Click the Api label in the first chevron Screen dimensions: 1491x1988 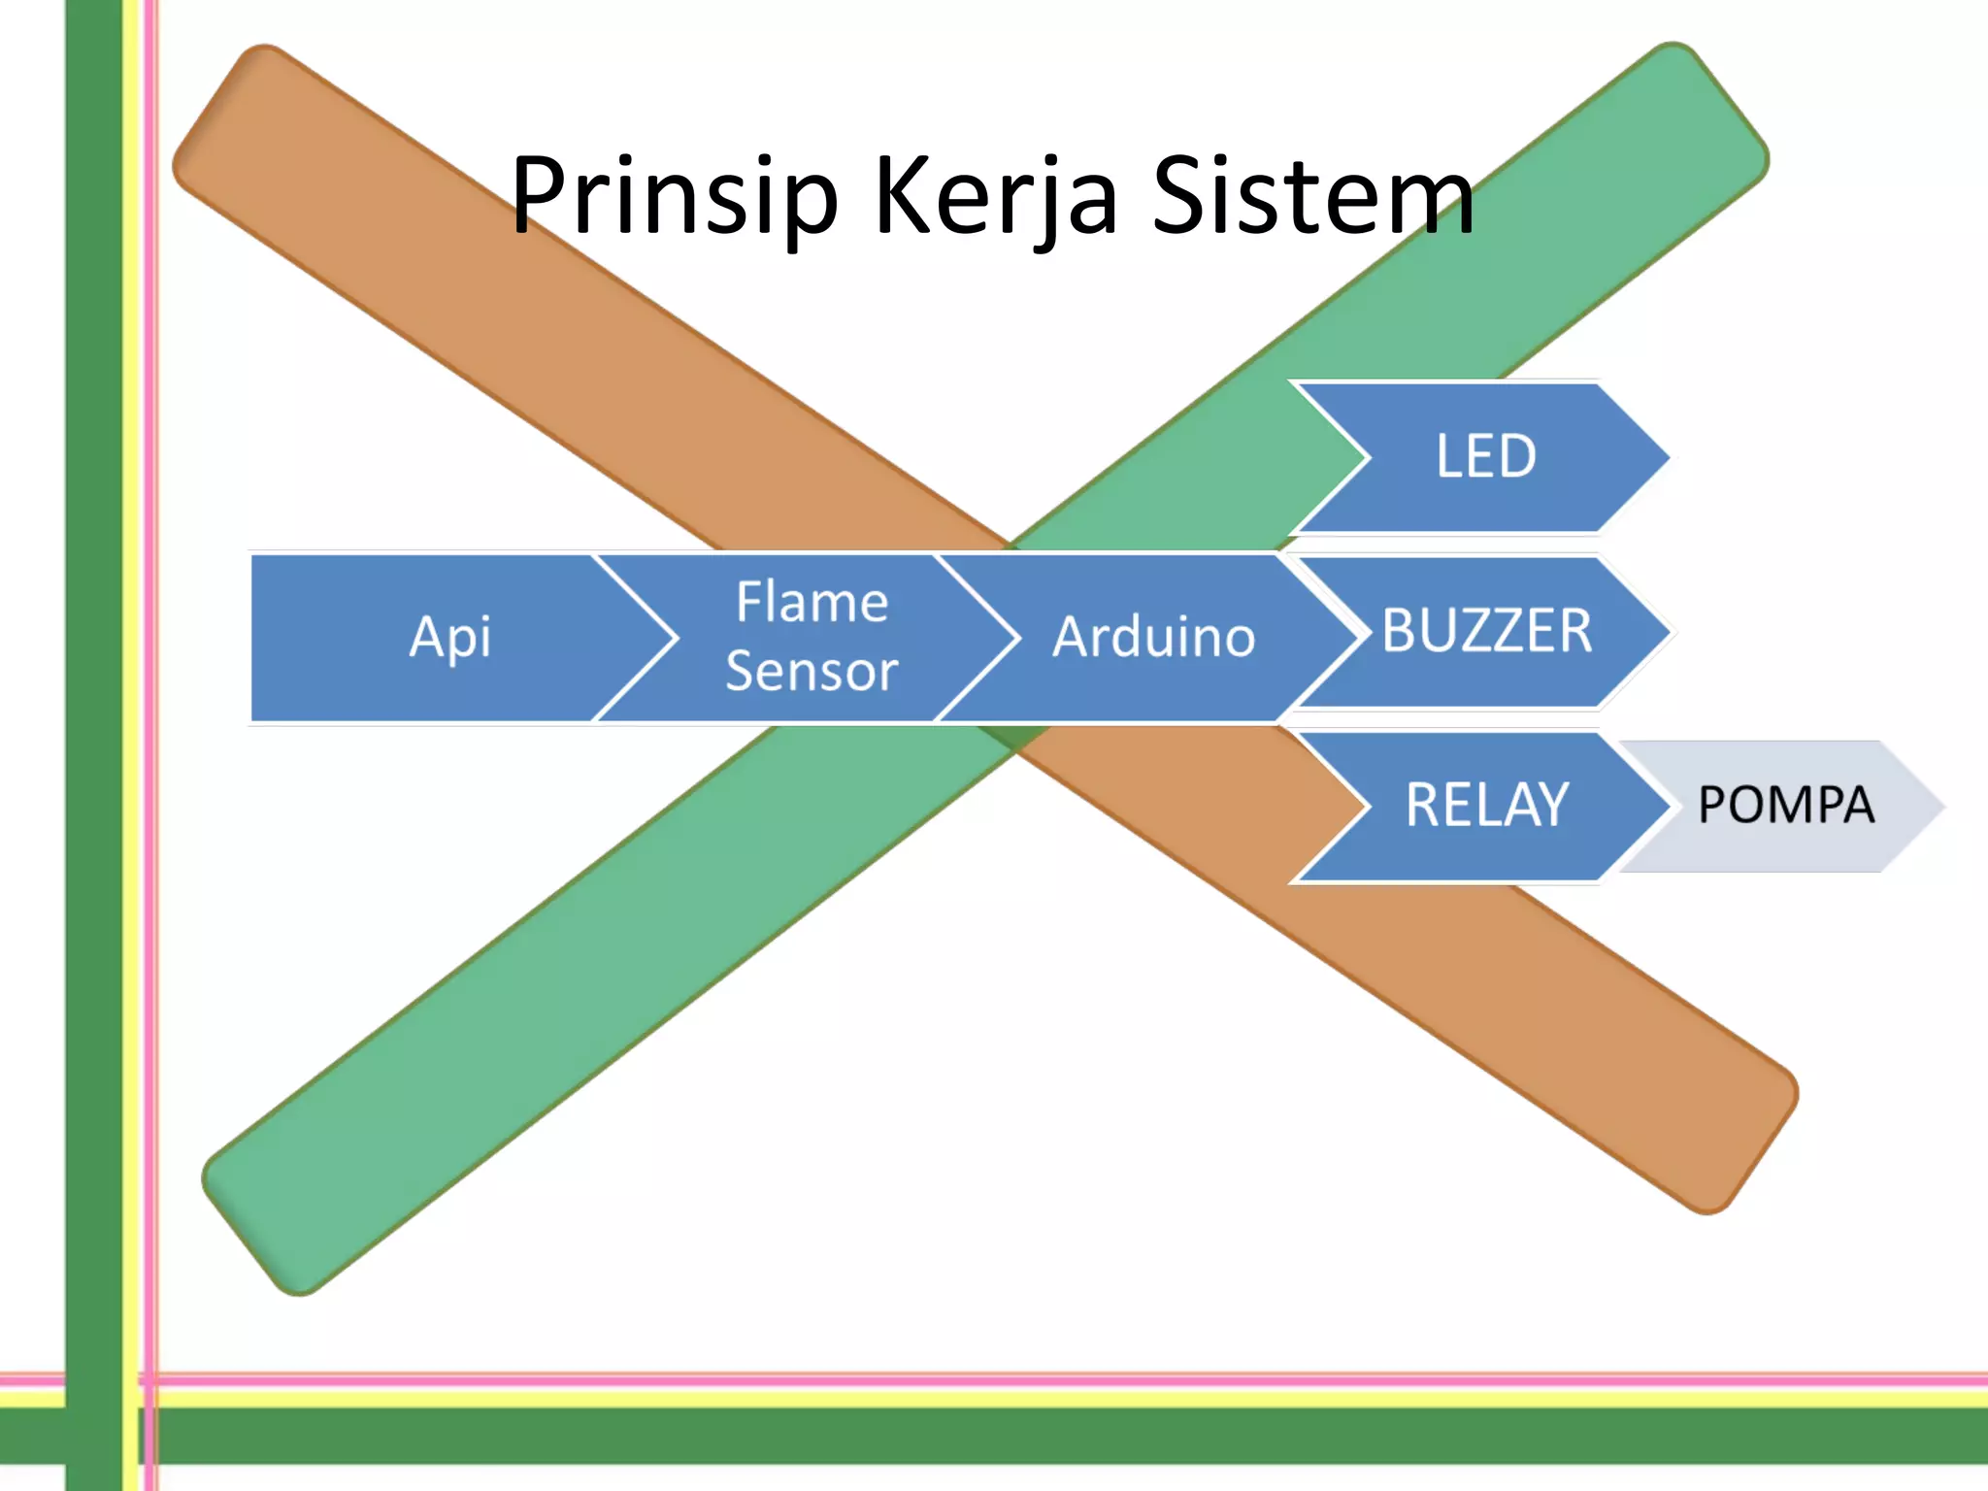point(449,638)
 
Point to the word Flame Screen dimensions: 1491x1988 point(812,602)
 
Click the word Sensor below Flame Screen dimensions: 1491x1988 point(812,672)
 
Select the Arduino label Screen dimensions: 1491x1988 point(1153,638)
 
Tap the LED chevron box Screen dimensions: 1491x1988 point(1485,456)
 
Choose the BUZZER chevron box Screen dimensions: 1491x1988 point(1485,631)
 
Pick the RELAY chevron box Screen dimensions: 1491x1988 point(1485,806)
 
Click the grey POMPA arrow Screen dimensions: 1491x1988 point(1786,806)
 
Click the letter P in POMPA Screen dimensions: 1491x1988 point(1711,806)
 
